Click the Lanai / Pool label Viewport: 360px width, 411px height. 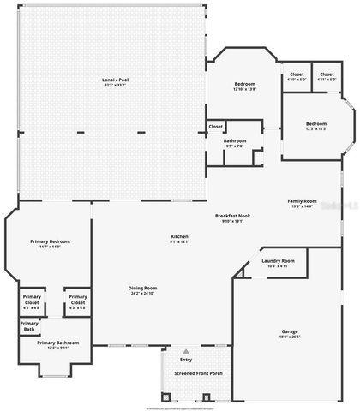pos(114,80)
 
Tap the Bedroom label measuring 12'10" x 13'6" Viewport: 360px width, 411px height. pos(245,84)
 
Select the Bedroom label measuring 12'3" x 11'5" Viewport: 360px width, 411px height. pos(316,124)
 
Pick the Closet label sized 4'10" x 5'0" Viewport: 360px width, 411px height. pos(296,74)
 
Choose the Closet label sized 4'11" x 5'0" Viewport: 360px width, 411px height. pos(327,74)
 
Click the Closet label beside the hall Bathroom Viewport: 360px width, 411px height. pos(216,127)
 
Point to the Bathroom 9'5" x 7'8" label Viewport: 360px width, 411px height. pos(235,140)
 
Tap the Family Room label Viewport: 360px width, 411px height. pos(302,201)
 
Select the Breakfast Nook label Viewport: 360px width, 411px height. pos(233,216)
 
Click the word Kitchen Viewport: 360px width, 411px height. pos(179,236)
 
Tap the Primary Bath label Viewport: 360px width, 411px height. pos(29,325)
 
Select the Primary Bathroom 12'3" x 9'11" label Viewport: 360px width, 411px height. pos(58,342)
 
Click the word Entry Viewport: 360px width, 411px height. pos(186,360)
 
